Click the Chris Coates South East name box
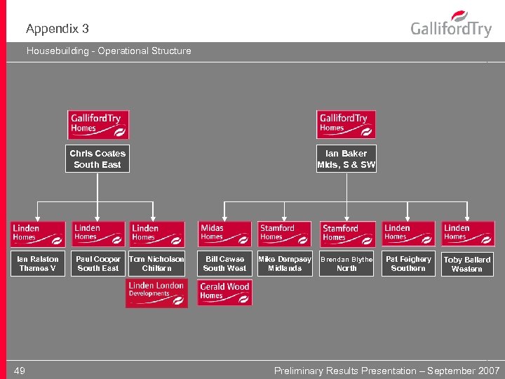[x=97, y=159]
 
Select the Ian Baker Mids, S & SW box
[x=346, y=159]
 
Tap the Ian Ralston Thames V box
[x=38, y=263]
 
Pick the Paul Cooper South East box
[x=98, y=263]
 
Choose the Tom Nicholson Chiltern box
[x=156, y=263]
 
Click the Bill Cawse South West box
[x=224, y=263]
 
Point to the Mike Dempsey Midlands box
[x=285, y=263]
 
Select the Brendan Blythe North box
[x=346, y=263]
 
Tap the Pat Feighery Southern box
[x=408, y=263]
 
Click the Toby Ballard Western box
[x=467, y=264]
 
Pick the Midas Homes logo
[x=224, y=233]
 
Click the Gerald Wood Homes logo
[x=224, y=292]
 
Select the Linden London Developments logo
[x=157, y=293]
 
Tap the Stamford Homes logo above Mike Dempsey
[x=285, y=233]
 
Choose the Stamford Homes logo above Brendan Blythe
[x=346, y=234]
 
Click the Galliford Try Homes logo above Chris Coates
[x=97, y=124]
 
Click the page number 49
[x=20, y=371]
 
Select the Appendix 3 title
[x=58, y=29]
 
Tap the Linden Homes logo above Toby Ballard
[x=467, y=233]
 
